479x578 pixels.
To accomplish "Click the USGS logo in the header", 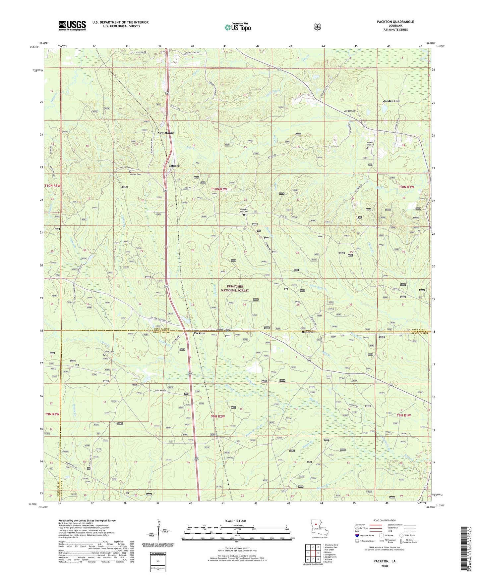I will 72,25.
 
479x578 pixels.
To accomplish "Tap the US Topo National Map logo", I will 237,27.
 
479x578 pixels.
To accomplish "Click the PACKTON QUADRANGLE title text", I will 395,22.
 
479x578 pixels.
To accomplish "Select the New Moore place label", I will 165,133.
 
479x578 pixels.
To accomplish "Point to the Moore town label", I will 175,166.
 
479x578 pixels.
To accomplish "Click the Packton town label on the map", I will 199,333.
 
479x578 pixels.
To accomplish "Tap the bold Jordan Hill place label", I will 391,101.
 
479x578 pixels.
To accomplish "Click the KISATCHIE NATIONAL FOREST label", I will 235,288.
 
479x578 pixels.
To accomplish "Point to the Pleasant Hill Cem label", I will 244,210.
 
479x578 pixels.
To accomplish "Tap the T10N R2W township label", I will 219,189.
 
